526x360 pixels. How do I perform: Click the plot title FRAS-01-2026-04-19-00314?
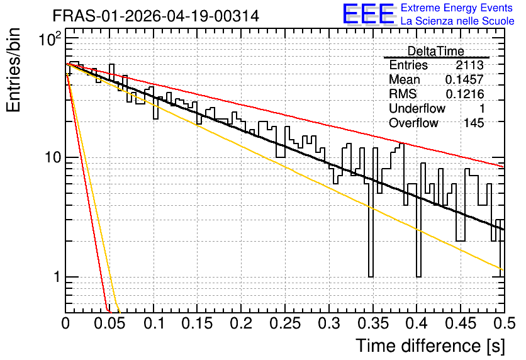point(156,16)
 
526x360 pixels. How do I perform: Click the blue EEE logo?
point(369,14)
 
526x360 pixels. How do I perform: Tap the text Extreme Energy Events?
point(457,8)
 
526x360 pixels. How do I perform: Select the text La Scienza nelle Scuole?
point(457,21)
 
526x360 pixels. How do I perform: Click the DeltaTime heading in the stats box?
point(436,51)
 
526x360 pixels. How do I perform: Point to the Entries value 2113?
point(469,65)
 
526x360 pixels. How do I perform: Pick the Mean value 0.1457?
point(464,79)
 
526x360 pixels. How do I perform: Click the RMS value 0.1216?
point(464,94)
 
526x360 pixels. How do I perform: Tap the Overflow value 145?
point(474,123)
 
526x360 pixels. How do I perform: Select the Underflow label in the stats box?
point(417,108)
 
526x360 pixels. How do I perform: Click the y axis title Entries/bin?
point(13,70)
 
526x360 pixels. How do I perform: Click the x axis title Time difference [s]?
point(430,346)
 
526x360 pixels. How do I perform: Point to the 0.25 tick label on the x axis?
point(285,323)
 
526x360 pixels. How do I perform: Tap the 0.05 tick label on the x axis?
point(109,323)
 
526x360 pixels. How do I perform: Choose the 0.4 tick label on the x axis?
point(417,323)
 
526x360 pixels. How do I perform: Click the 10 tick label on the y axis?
point(53,157)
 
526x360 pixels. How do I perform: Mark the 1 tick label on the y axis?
point(57,277)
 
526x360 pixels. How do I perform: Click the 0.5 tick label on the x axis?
point(504,323)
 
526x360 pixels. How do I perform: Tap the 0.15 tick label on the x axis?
point(198,323)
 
